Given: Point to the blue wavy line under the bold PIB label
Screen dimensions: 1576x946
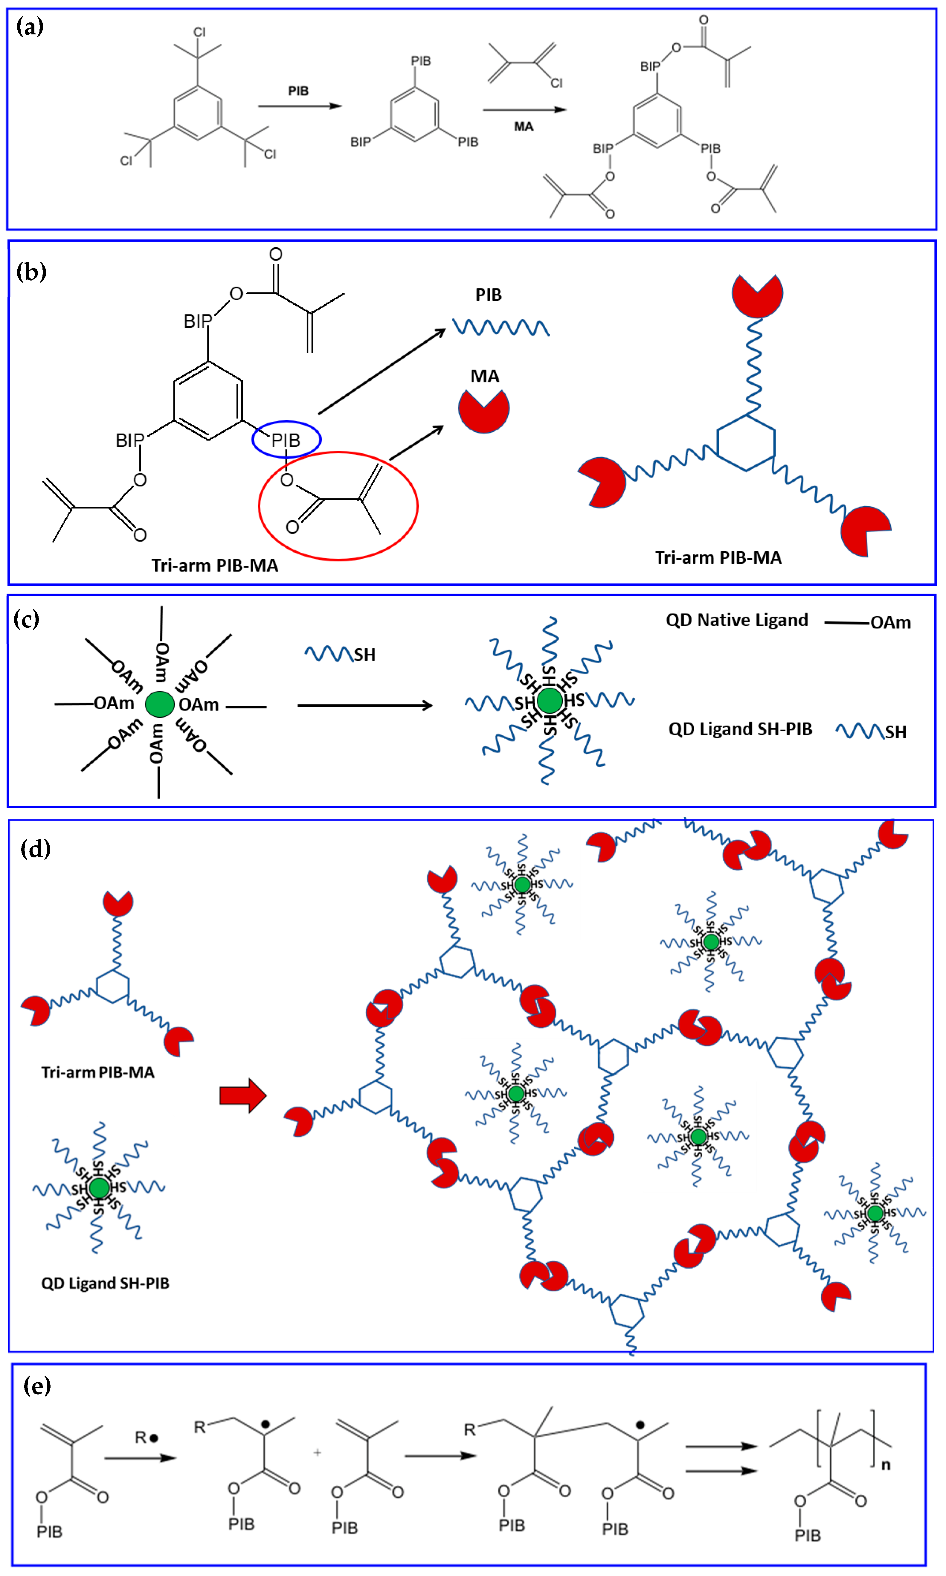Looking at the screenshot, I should (x=501, y=328).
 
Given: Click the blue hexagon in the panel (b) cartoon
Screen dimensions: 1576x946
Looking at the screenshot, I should (x=746, y=443).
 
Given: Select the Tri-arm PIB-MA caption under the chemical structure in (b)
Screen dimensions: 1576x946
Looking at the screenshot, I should (x=215, y=566).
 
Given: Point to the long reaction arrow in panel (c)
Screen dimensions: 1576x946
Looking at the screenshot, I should (x=365, y=705).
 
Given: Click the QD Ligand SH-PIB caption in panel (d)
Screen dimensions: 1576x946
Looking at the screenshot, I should (x=105, y=1283).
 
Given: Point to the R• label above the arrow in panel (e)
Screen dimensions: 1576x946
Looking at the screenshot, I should (x=146, y=1438).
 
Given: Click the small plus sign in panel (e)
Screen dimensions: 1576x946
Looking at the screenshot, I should (x=318, y=1453).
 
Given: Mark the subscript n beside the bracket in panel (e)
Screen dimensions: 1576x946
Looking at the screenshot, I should (x=885, y=1465).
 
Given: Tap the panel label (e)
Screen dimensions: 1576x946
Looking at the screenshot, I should (x=37, y=1386).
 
